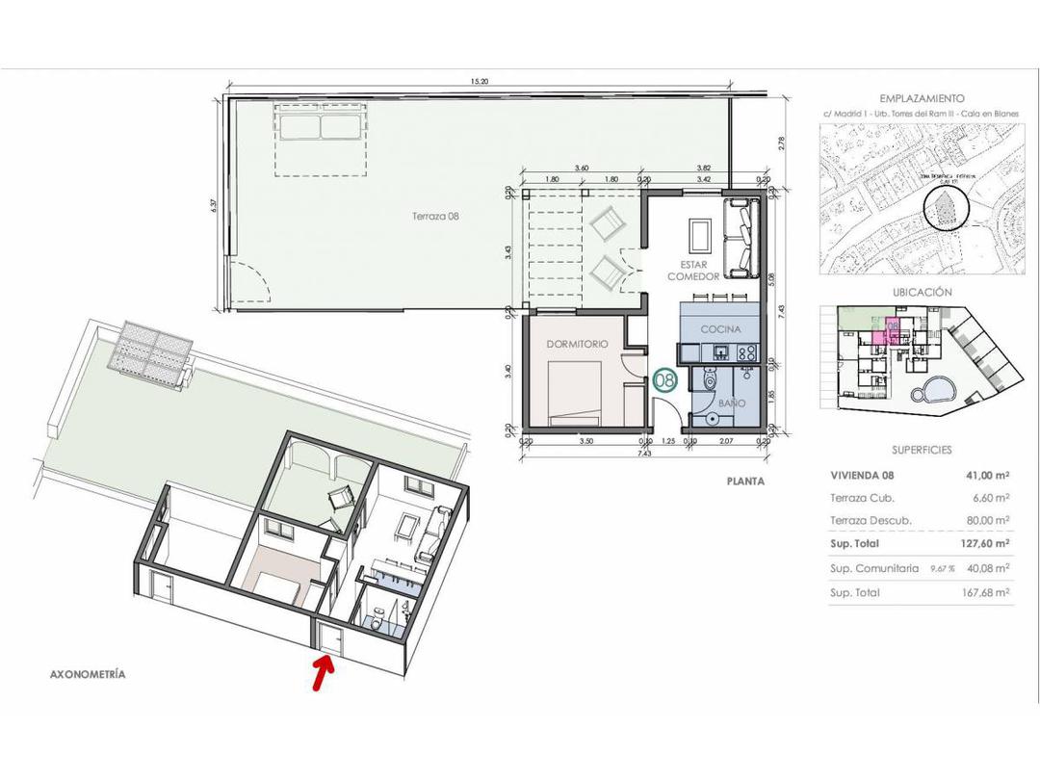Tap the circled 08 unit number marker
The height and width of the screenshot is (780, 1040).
click(664, 380)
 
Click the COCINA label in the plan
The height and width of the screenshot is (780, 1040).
click(720, 329)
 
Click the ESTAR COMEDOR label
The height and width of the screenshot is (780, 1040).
click(693, 270)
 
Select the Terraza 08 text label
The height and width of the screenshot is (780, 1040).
click(438, 218)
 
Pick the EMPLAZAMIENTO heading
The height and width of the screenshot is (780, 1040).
click(922, 98)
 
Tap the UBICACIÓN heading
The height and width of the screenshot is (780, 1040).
click(922, 292)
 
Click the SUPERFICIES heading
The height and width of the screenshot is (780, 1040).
click(922, 450)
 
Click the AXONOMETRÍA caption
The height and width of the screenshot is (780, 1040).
click(88, 675)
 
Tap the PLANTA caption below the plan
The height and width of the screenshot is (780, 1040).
click(745, 481)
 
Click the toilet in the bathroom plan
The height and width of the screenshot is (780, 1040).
click(710, 382)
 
